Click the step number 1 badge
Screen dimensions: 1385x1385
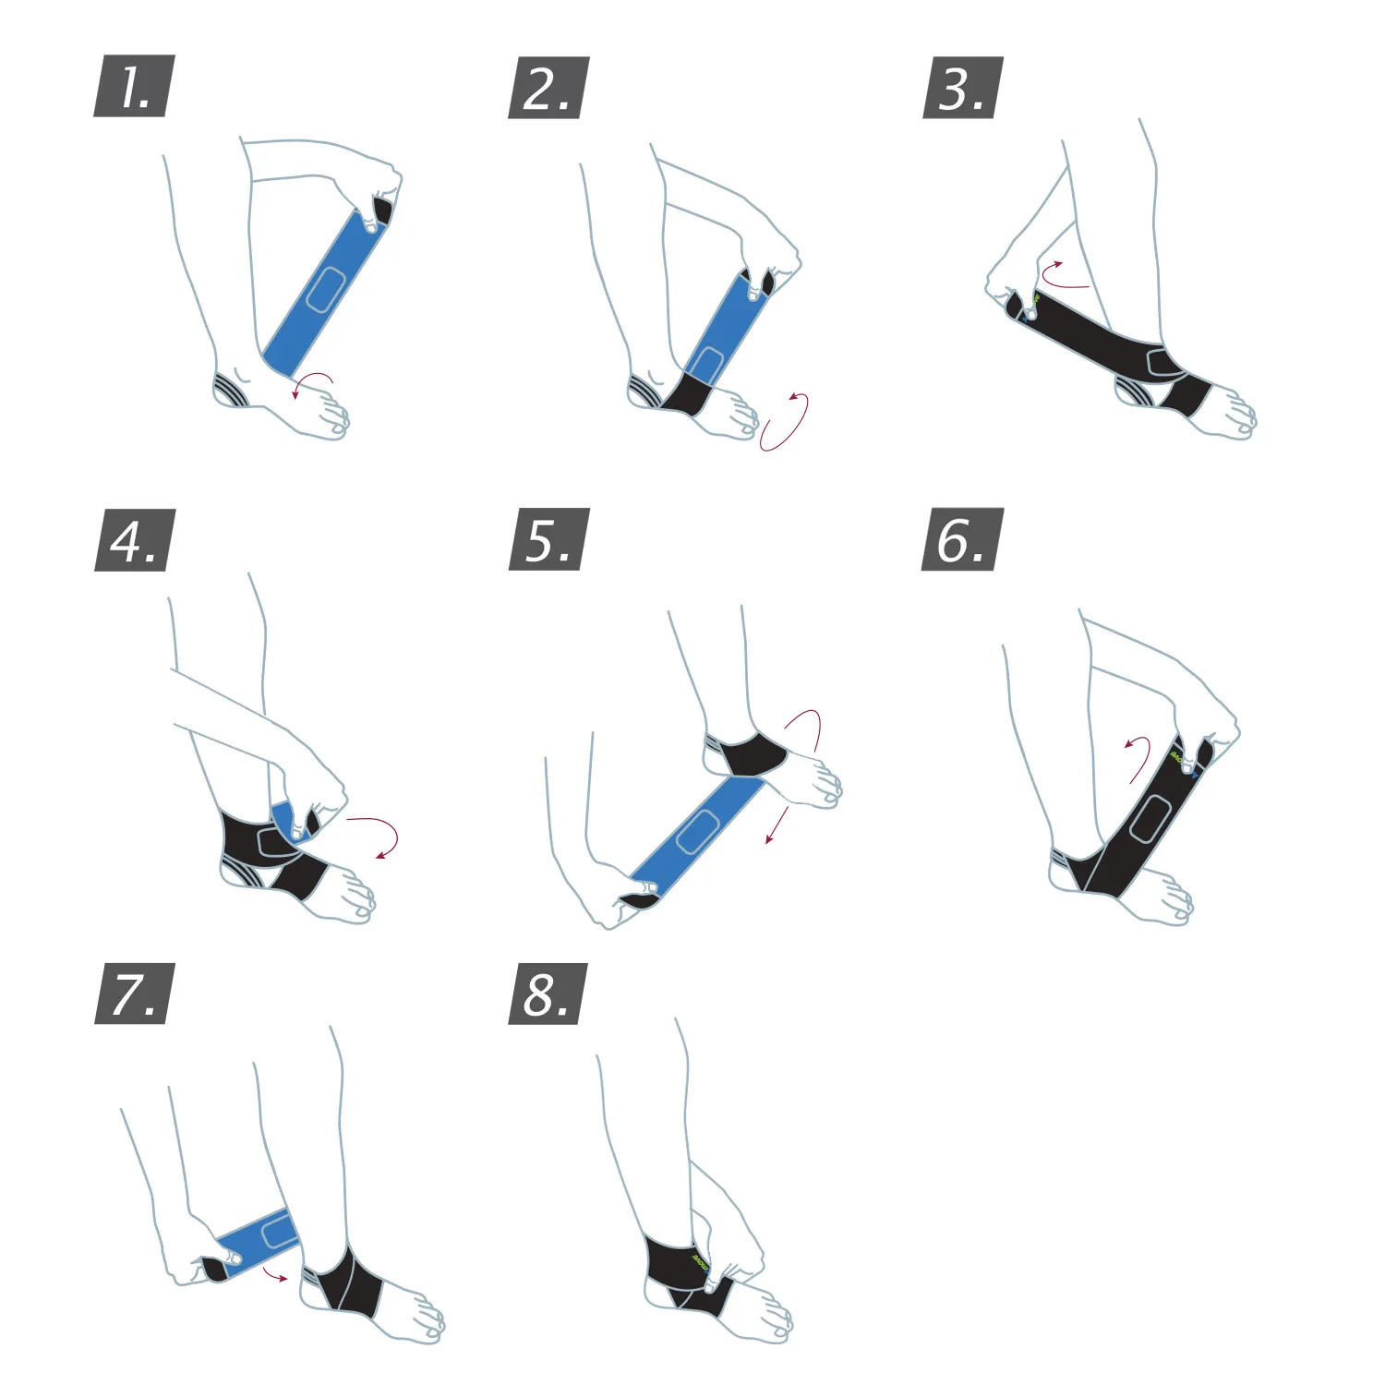tap(134, 87)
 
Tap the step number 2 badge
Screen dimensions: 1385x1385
tap(548, 88)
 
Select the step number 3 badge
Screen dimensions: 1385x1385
tap(963, 88)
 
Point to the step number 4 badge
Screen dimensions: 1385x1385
tap(135, 540)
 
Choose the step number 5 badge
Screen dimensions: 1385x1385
tap(549, 539)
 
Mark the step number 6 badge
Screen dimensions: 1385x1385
tap(963, 539)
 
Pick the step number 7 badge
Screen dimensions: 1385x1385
tap(135, 994)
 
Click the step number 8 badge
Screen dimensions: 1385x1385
tap(548, 994)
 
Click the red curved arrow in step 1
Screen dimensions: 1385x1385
tap(314, 382)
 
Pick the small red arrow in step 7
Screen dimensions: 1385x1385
tap(274, 1275)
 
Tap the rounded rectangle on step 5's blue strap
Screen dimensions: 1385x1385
tap(699, 831)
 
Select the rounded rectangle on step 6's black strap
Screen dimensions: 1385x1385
tap(1150, 818)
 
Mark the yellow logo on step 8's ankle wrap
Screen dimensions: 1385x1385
tap(700, 1260)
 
